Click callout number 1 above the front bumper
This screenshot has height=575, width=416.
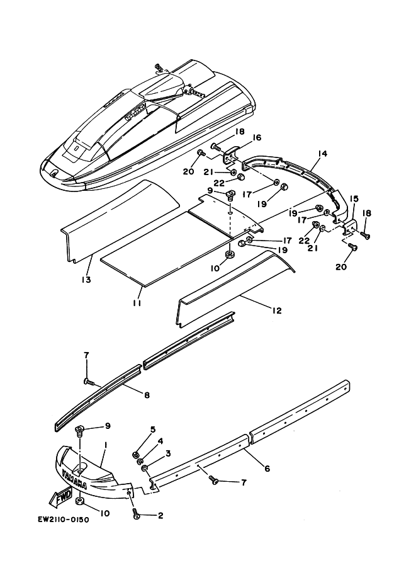(x=105, y=445)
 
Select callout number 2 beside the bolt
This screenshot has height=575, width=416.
(x=160, y=516)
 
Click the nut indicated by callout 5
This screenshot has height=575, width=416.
(x=136, y=453)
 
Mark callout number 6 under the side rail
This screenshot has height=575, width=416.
(x=267, y=469)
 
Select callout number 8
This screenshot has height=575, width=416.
(x=146, y=396)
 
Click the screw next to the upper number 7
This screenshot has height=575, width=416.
(x=89, y=382)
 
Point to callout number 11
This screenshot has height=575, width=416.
(x=137, y=303)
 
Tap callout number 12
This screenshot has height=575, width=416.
(x=276, y=310)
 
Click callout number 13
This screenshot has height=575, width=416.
(x=86, y=279)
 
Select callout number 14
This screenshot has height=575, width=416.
(x=323, y=153)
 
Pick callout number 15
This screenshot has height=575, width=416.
(x=354, y=200)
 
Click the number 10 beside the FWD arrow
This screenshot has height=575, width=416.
(x=104, y=513)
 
